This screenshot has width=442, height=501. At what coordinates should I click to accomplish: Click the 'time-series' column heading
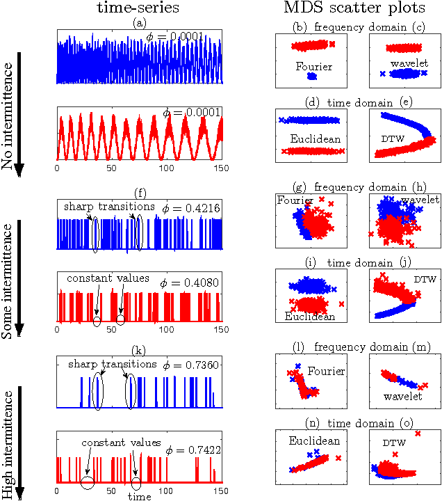[139, 9]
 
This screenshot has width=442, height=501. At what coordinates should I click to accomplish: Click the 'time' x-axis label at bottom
[139, 497]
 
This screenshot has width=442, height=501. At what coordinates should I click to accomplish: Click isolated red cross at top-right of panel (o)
[418, 434]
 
